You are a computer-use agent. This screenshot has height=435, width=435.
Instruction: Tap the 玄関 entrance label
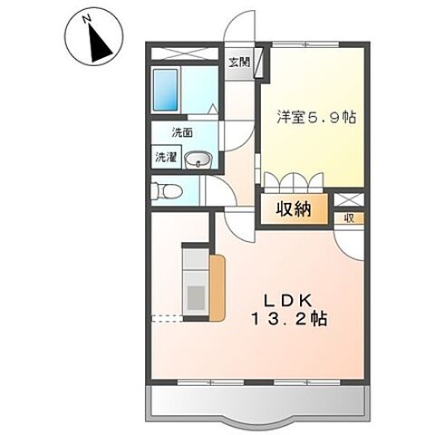point(240,62)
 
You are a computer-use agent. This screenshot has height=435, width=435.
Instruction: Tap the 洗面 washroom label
point(181,133)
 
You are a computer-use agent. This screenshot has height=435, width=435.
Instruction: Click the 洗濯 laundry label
point(166,156)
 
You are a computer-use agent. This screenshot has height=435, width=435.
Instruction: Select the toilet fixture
point(166,190)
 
